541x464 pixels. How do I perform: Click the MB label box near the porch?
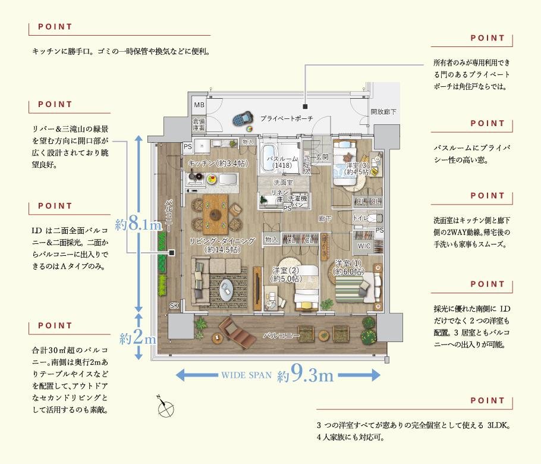pos(199,105)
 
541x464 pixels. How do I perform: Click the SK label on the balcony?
pos(174,305)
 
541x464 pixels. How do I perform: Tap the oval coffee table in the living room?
pos(228,291)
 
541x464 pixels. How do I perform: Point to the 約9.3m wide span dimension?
pos(305,375)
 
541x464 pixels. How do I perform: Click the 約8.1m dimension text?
pos(139,225)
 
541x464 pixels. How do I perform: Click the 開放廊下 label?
pos(383,111)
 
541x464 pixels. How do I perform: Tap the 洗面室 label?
pos(282,183)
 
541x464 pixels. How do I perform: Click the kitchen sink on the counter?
pos(228,178)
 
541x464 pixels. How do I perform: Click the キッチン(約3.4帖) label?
pos(217,162)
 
